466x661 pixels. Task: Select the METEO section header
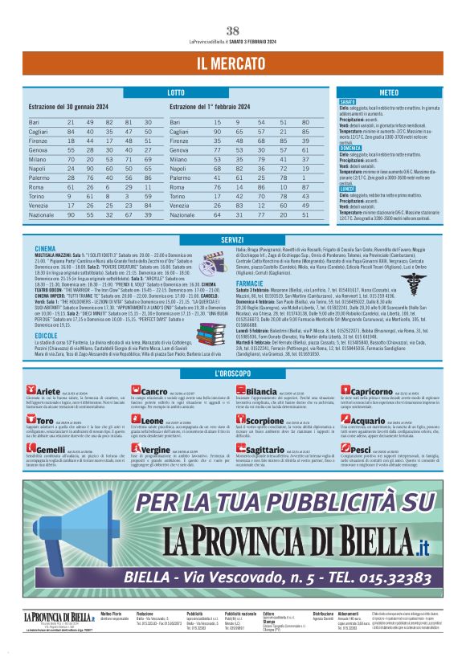(389, 94)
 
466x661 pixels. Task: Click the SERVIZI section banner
(232, 239)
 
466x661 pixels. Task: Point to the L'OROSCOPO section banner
(232, 374)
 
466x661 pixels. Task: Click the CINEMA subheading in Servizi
(46, 250)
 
